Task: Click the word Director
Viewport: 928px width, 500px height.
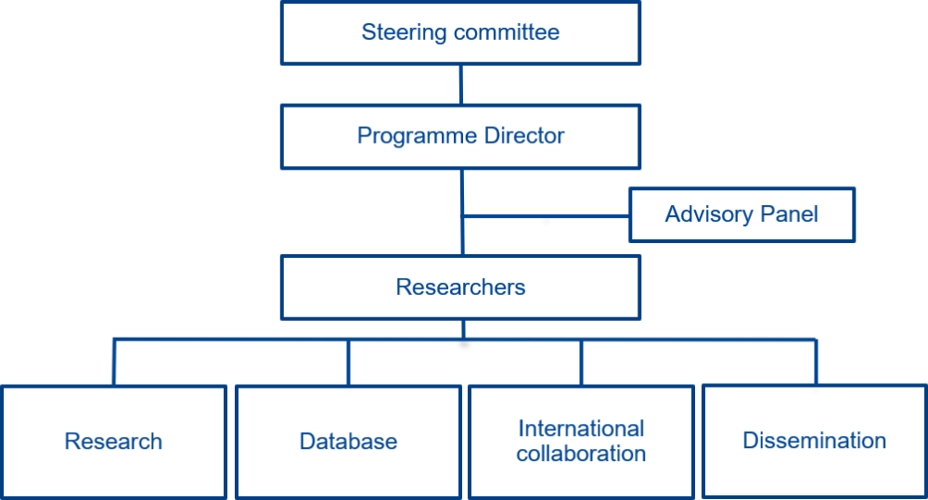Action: tap(525, 135)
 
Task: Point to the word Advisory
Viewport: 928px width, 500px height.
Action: tap(708, 215)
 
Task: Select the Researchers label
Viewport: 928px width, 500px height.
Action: tap(460, 287)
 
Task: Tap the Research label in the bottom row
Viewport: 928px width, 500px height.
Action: tap(113, 442)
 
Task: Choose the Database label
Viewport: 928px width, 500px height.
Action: tap(348, 442)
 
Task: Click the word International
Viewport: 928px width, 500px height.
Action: tap(581, 429)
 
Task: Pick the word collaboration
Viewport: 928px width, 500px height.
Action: tap(581, 454)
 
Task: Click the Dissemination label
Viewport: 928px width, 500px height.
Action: tap(815, 441)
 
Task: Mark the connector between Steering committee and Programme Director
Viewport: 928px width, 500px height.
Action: tap(461, 84)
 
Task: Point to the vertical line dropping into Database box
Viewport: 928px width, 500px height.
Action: tap(348, 363)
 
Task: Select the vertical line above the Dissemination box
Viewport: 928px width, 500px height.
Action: tap(816, 363)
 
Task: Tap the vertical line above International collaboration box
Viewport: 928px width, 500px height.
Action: tap(582, 363)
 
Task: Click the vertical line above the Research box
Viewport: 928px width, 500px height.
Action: tap(114, 363)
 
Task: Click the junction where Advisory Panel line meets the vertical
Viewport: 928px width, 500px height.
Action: tap(462, 217)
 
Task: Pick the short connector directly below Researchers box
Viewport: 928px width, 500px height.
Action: tap(462, 329)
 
